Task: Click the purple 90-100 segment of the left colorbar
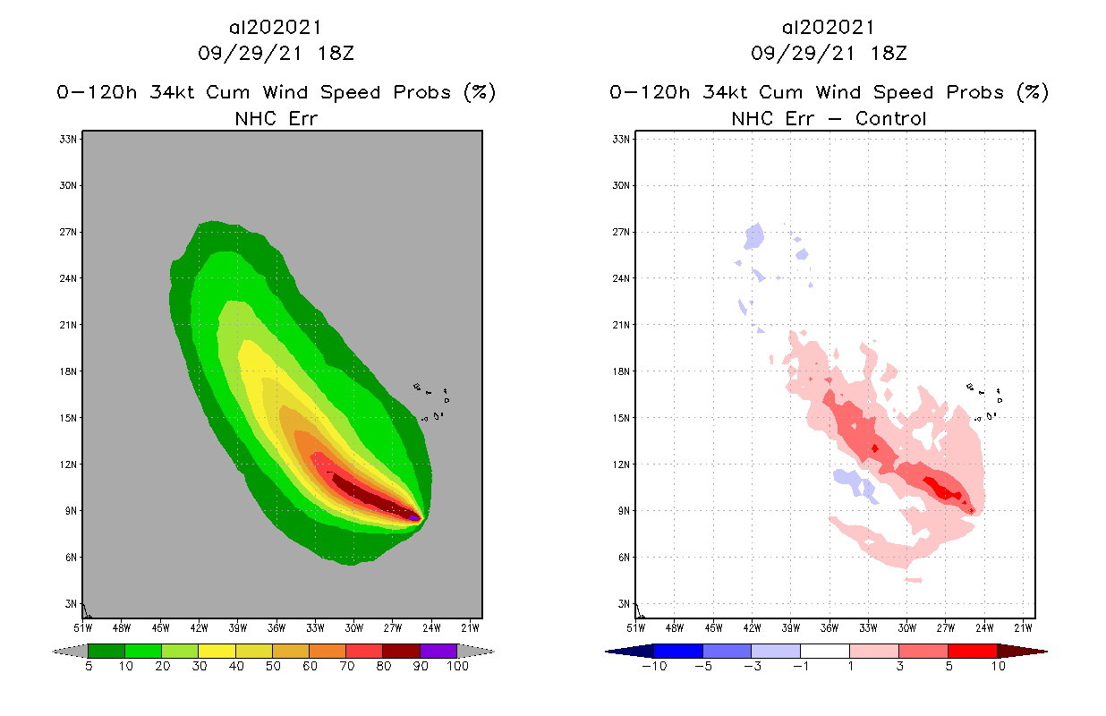(x=438, y=651)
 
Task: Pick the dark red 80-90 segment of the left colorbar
(x=401, y=651)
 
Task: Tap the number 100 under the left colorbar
(x=457, y=668)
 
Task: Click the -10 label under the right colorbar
(x=653, y=668)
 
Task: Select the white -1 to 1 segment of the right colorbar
(x=824, y=651)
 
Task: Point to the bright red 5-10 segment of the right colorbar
(x=972, y=651)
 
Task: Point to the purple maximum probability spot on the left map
(x=414, y=517)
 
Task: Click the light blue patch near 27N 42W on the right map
(x=753, y=237)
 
